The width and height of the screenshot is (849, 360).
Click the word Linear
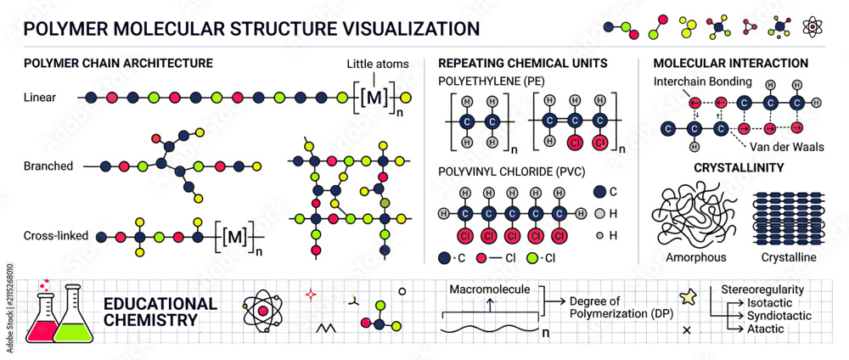coord(40,98)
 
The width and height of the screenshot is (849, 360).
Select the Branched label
coord(48,166)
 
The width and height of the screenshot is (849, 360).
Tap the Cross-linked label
coord(56,236)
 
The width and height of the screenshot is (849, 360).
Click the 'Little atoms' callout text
coord(378,65)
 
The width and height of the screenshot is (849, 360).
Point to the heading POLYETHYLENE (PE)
coord(491,82)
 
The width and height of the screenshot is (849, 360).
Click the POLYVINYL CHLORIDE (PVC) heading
coord(511,172)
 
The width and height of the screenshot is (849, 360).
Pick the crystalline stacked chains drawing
coord(789,217)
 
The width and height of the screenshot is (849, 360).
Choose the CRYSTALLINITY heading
coord(739,168)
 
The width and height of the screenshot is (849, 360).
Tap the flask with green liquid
coord(73,316)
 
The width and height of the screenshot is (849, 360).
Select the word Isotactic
coord(769,303)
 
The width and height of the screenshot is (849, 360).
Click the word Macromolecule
coord(490,290)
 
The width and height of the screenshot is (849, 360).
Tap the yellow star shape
coord(687,298)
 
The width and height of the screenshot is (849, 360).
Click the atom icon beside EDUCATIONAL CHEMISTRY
coord(263,312)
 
